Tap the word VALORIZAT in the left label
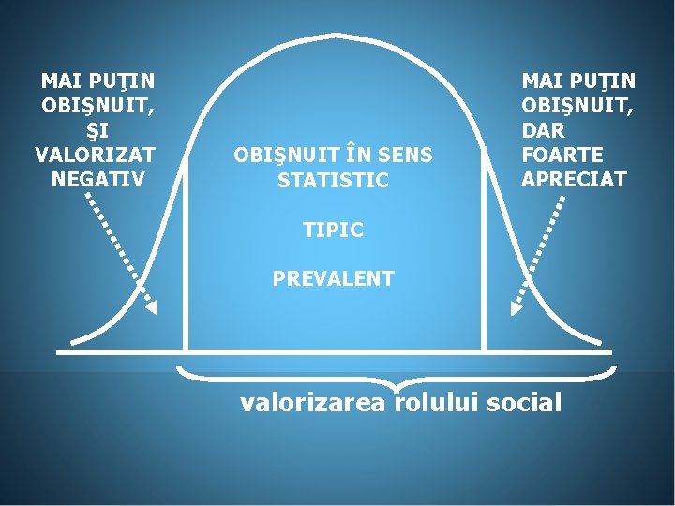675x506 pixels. [96, 154]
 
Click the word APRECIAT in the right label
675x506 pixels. [574, 178]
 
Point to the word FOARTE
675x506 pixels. [562, 154]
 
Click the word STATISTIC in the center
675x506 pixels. [333, 180]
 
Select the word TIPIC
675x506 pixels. [333, 230]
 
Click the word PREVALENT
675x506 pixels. [333, 279]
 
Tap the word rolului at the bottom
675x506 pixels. [435, 404]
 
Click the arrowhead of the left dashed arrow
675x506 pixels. [152, 306]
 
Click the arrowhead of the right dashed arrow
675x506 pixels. [515, 306]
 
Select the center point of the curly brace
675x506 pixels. [397, 386]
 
